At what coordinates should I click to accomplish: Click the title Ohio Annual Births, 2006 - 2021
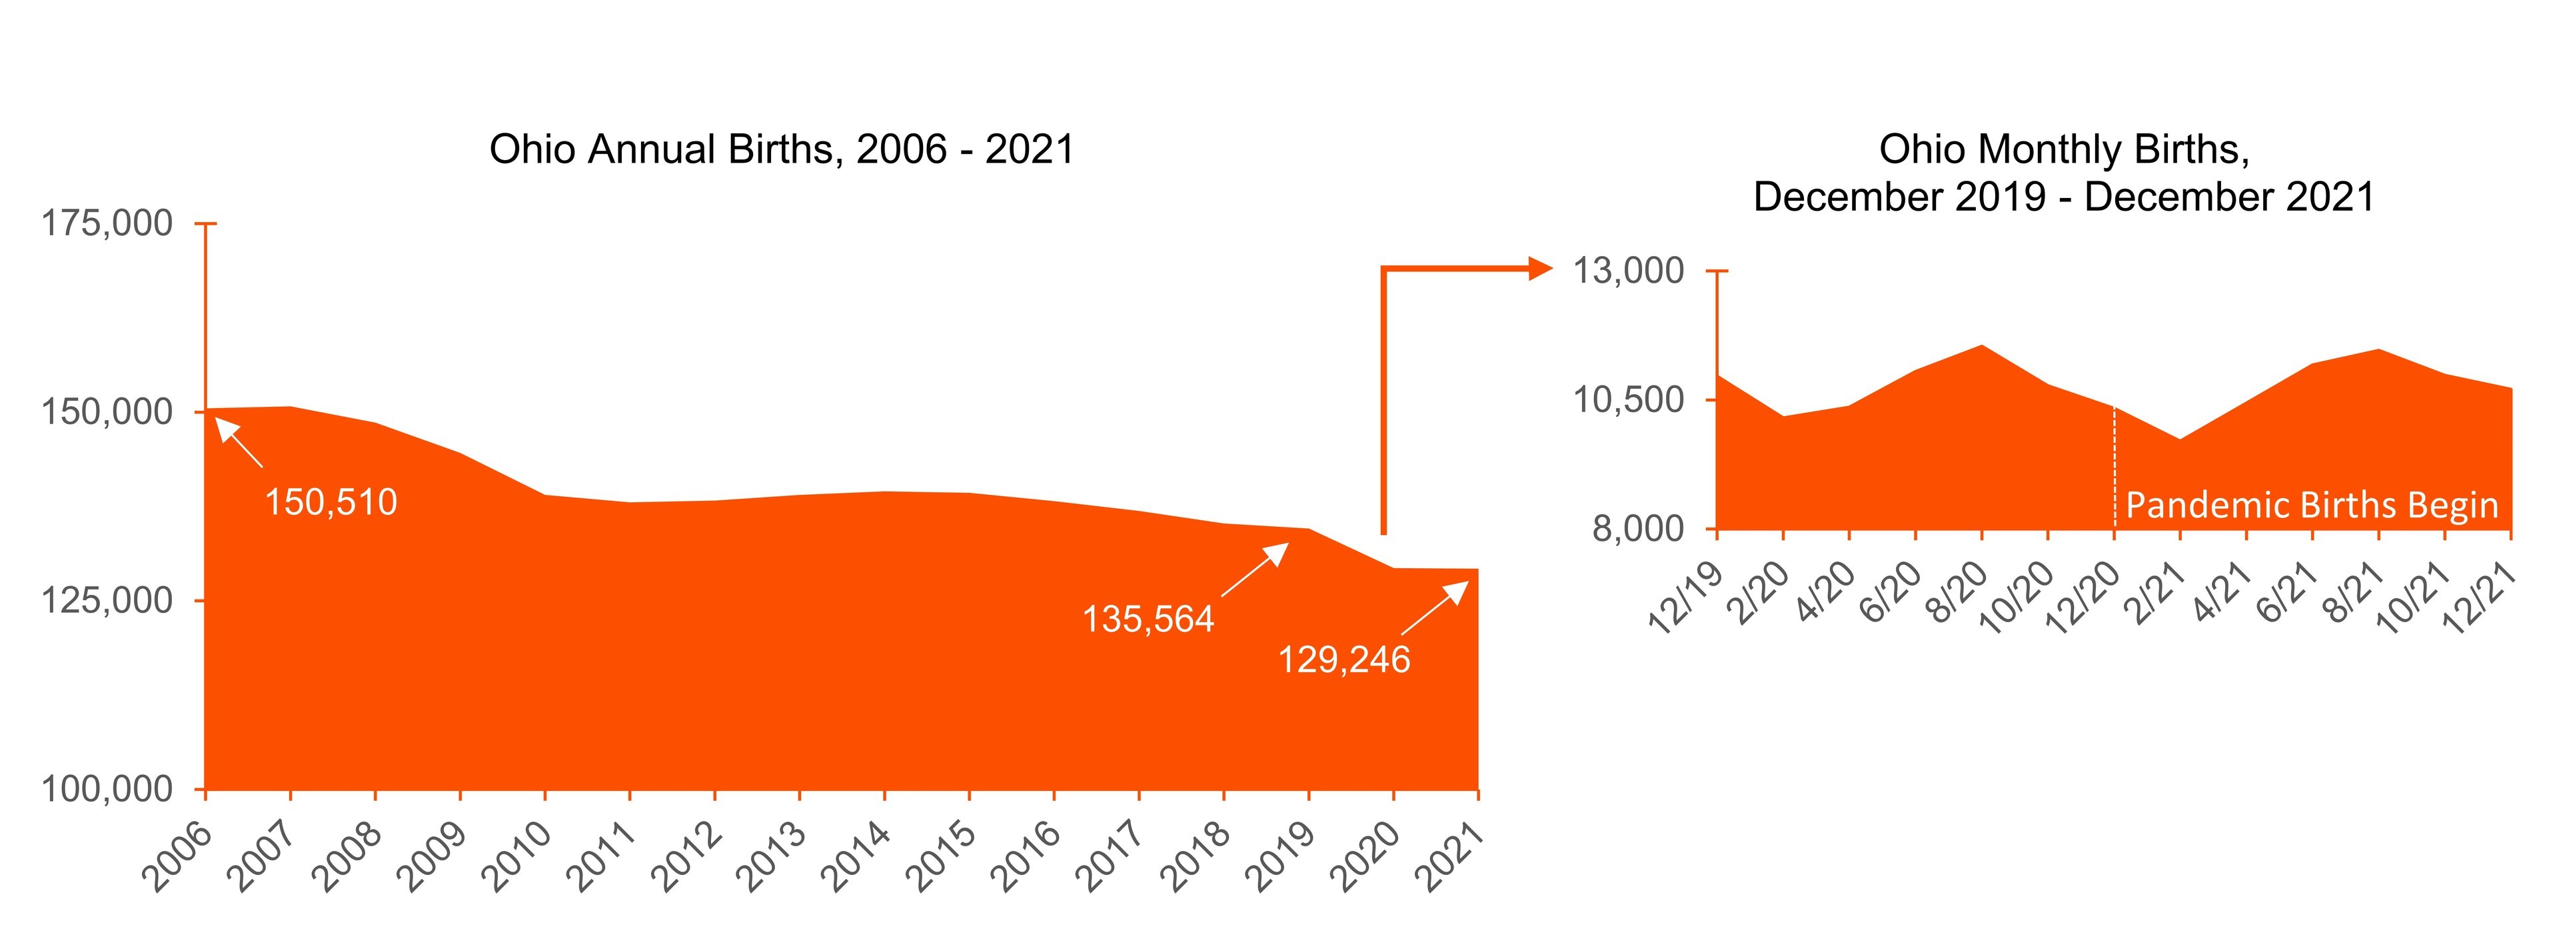click(x=782, y=150)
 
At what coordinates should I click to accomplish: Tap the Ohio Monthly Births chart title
click(x=2063, y=173)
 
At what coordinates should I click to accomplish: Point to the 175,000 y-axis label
click(x=107, y=223)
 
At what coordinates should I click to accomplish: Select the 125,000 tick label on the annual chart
click(x=107, y=600)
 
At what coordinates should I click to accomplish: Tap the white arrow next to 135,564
click(x=1256, y=570)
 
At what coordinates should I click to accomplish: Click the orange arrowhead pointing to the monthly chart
click(x=1539, y=267)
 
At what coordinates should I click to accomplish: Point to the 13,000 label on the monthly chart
click(x=1628, y=270)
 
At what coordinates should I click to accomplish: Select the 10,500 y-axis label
click(x=1628, y=399)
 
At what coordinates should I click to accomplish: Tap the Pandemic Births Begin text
click(x=2310, y=506)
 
